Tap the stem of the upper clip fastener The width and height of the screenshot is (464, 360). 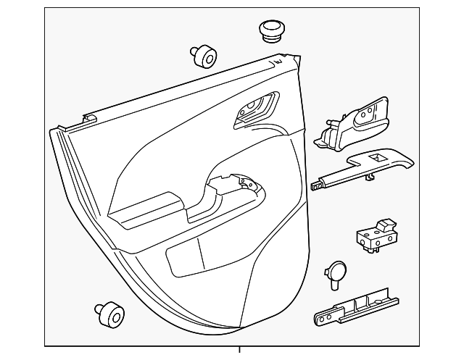coord(196,51)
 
